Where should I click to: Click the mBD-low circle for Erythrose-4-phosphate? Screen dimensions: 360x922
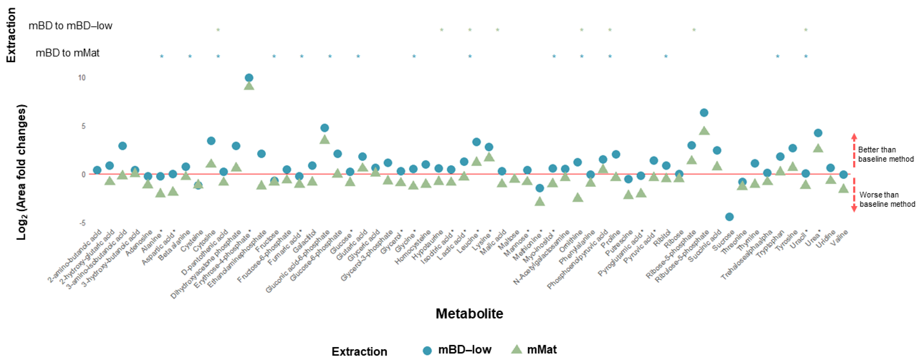click(249, 78)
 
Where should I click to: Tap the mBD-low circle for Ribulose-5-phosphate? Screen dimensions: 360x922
click(704, 113)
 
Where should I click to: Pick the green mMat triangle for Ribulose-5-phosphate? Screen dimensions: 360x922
click(704, 131)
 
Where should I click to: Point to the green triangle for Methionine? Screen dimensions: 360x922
click(539, 202)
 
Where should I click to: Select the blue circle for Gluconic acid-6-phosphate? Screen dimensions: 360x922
click(324, 128)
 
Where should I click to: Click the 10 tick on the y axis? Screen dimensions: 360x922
click(82, 78)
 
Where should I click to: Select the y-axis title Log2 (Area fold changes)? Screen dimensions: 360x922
click(21, 172)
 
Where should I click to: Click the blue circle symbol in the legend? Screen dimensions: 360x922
click(427, 350)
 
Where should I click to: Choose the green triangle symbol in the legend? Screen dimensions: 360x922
click(516, 349)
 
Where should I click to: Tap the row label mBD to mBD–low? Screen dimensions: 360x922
click(70, 26)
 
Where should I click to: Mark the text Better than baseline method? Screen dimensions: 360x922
click(885, 154)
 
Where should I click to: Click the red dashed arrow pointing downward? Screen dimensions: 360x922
click(854, 195)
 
